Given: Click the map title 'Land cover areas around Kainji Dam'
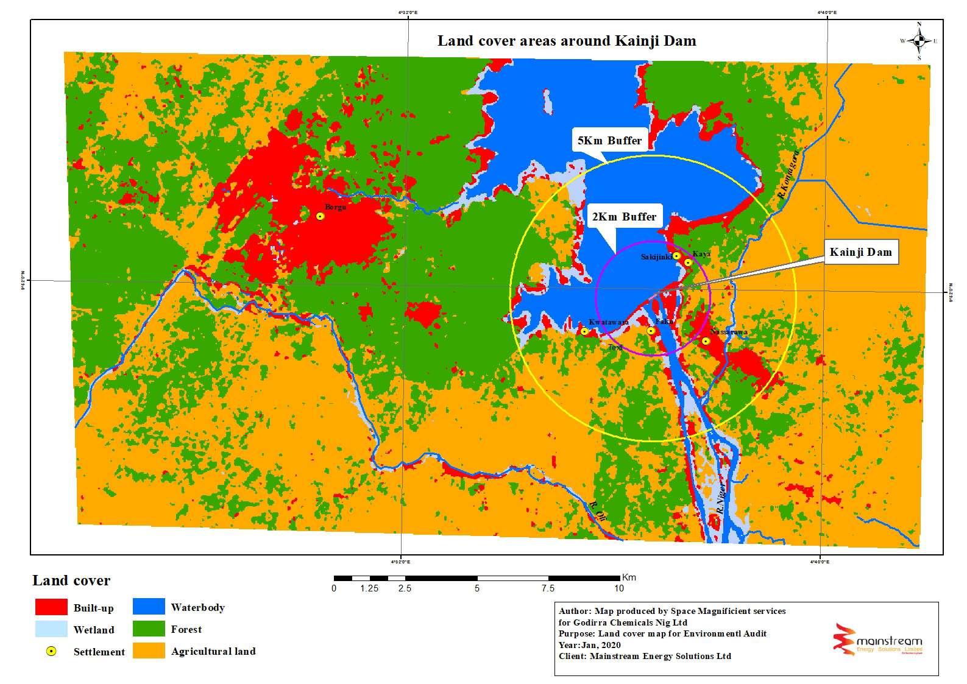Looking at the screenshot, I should coord(566,41).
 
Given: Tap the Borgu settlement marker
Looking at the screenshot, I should coord(321,216).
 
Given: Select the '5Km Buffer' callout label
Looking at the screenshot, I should coord(609,141).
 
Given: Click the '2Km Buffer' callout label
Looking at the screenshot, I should coord(624,217).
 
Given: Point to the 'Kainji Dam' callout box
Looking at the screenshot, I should coord(860,252).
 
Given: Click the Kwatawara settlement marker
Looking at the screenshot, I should coord(584,331).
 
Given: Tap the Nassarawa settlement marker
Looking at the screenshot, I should coord(706,341).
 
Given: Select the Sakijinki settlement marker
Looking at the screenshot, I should coord(676,256).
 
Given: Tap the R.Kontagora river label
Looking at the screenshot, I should coord(788,176).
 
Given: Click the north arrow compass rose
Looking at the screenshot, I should coord(919,41).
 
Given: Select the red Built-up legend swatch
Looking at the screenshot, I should coord(51,607).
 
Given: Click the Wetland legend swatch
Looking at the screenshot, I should coord(51,629).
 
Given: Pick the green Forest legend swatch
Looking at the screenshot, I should coord(149,629).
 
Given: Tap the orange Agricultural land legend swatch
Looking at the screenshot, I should coord(149,651).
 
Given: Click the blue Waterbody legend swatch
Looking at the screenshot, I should coord(149,607).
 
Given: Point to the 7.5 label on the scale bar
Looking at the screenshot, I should coord(548,588).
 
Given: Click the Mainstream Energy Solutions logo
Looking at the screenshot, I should coord(877,640).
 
